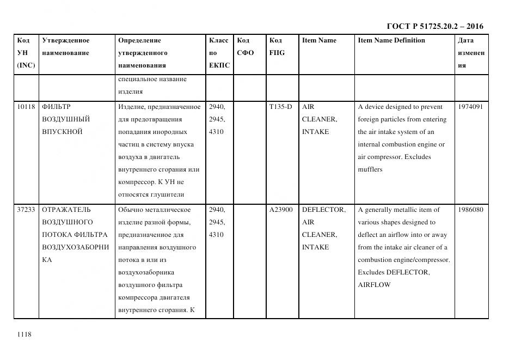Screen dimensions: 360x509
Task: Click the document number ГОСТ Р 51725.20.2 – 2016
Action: [434, 26]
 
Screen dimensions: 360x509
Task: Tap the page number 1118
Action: [24, 334]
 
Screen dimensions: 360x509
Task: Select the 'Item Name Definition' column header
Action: [391, 40]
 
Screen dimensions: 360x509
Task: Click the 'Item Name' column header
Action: [319, 40]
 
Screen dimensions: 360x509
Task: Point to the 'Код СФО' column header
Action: [246, 47]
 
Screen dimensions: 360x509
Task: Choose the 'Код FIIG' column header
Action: [277, 47]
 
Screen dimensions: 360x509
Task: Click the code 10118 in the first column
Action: [26, 107]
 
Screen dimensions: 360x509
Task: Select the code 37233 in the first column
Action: [26, 210]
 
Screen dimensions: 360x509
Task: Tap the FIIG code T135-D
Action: [280, 107]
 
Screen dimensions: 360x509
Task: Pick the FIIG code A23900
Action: [281, 210]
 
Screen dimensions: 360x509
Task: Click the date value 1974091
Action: [470, 107]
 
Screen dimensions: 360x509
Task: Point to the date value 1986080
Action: [470, 210]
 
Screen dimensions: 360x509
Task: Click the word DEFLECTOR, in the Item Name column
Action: [323, 210]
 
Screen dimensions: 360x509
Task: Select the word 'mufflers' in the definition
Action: [370, 169]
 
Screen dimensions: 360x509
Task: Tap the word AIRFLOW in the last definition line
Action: [374, 285]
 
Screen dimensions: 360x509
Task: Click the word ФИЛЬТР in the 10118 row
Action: [56, 107]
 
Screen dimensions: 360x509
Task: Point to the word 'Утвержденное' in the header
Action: [65, 40]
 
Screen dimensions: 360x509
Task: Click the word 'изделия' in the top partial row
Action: [131, 91]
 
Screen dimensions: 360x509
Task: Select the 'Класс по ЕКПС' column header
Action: [219, 53]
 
